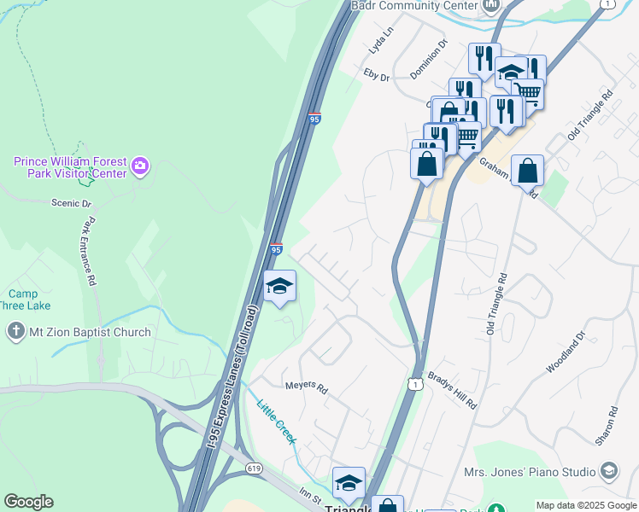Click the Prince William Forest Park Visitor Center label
point(70,167)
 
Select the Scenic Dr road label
point(71,203)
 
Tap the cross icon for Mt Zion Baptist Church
point(15,332)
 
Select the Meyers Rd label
point(307,388)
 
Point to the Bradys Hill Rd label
point(452,391)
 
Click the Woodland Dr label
point(564,353)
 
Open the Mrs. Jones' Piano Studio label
point(530,471)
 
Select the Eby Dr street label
point(376,77)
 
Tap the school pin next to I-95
point(279,287)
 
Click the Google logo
point(28,502)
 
